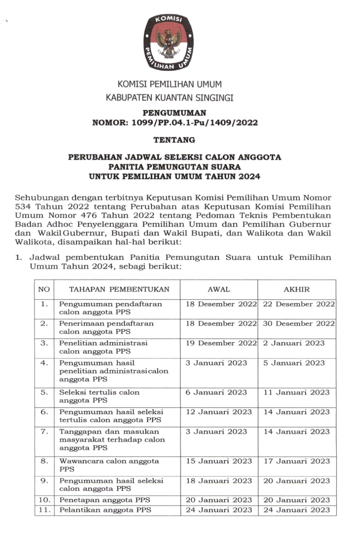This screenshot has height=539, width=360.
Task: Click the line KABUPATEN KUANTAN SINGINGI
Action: (169, 97)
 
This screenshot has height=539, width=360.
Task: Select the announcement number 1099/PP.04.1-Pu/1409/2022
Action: (194, 123)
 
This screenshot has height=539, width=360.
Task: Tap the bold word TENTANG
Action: (174, 140)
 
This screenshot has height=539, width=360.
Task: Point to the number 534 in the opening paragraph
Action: (23, 207)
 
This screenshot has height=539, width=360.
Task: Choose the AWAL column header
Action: (219, 289)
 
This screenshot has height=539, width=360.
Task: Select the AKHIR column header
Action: (296, 289)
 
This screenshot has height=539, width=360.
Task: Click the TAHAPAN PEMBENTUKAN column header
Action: (119, 289)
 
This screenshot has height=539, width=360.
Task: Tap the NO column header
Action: (44, 289)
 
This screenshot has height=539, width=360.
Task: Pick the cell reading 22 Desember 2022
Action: (299, 304)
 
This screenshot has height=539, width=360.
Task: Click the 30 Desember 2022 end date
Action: (299, 324)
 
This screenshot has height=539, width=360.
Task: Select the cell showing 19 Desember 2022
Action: (221, 343)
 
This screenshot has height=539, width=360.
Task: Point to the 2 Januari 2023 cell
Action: (294, 343)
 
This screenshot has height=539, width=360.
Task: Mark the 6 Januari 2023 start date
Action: (216, 392)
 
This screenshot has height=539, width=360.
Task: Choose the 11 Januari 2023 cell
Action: (296, 392)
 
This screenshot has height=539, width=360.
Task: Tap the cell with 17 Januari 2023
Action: (296, 461)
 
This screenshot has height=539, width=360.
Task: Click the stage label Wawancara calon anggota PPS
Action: (109, 465)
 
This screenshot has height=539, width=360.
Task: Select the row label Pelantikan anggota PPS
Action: (105, 510)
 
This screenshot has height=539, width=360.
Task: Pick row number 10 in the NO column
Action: (44, 500)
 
